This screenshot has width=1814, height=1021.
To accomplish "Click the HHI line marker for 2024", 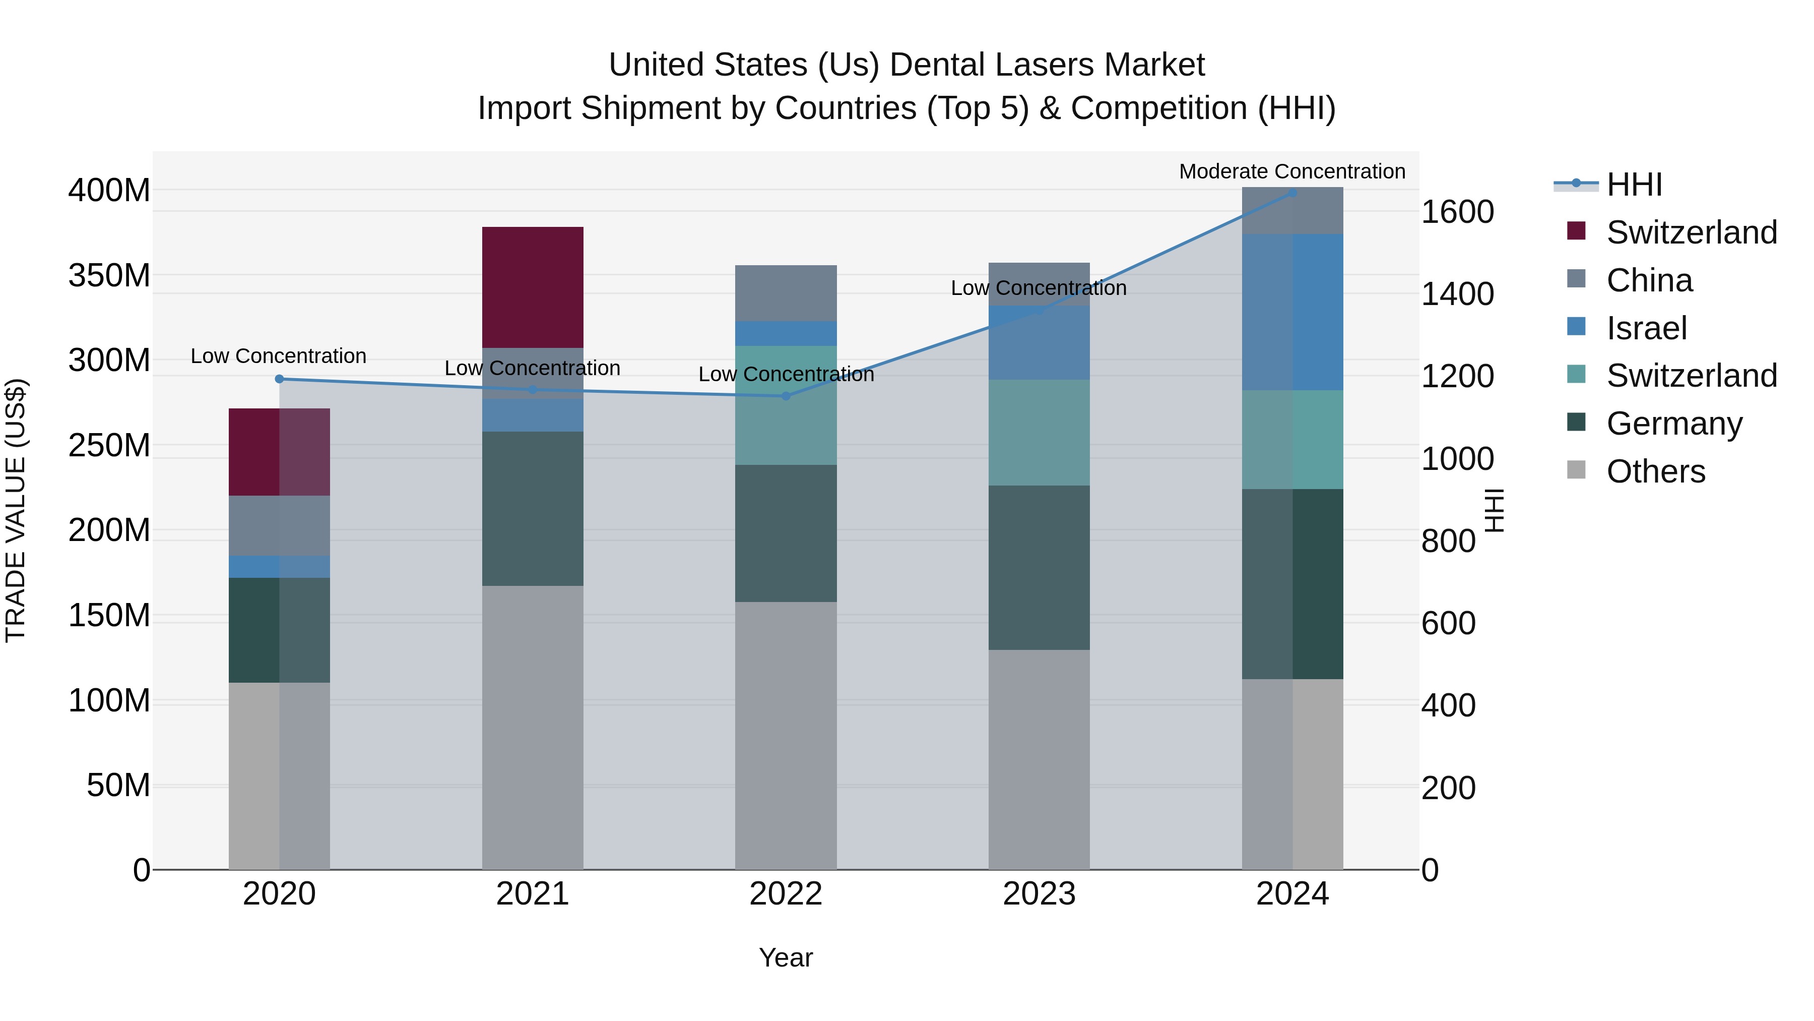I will pos(1292,193).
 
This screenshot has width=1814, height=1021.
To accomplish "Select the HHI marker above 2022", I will pos(786,396).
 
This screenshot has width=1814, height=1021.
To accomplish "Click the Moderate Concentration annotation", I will pos(1291,171).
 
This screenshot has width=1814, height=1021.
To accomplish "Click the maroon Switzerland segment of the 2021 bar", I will pos(533,287).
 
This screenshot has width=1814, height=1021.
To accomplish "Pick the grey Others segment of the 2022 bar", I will pos(786,735).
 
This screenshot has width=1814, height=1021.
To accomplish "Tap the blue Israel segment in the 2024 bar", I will pos(1292,312).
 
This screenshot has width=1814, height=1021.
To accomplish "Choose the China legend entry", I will pos(1649,280).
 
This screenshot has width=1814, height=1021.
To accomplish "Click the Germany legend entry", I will pos(1674,424).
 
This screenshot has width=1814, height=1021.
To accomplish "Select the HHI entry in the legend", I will pos(1634,185).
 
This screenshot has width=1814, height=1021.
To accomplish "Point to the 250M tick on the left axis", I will pos(109,445).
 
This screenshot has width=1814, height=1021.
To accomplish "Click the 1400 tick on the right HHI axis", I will pos(1457,294).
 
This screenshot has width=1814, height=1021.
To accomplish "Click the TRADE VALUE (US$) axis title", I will pos(16,510).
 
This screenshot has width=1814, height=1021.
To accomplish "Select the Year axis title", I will pos(786,957).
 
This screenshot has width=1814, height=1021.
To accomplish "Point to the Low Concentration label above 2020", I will pos(279,356).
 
